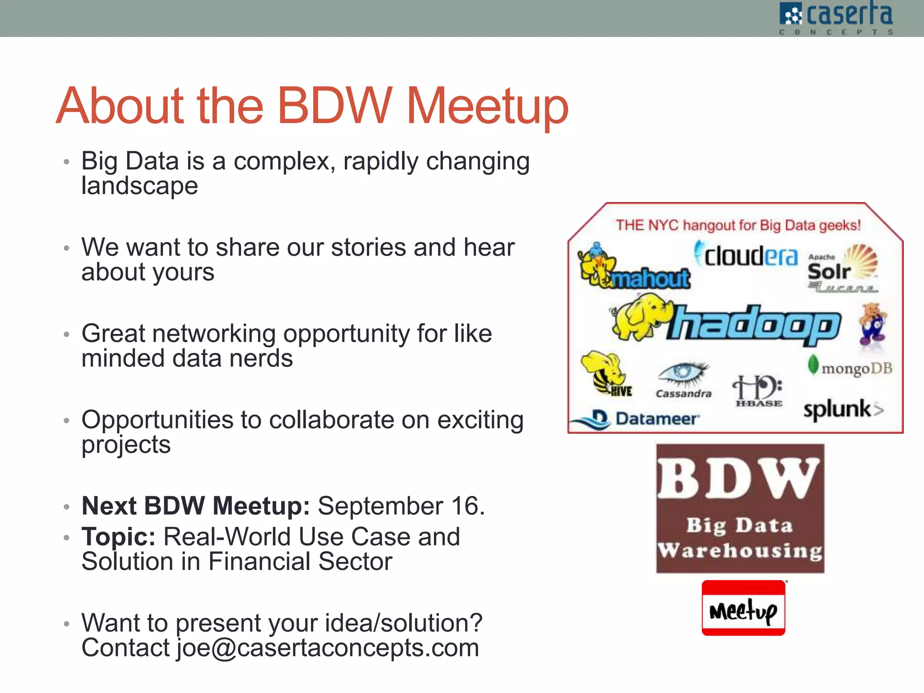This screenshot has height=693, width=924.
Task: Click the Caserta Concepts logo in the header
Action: [x=836, y=18]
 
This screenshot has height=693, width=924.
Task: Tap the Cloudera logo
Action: [x=746, y=255]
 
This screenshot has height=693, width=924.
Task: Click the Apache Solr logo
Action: [x=842, y=269]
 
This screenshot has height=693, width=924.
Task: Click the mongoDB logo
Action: [x=850, y=367]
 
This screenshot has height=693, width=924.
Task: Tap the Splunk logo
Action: [x=842, y=410]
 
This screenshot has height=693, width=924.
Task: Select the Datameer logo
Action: [x=636, y=419]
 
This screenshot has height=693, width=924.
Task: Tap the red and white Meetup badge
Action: [x=743, y=608]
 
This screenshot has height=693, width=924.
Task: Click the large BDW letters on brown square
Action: [x=739, y=479]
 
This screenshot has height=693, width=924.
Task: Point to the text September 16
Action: [x=401, y=506]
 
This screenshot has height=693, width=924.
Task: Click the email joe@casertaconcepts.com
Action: [x=328, y=648]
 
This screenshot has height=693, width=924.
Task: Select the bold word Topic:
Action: [x=118, y=537]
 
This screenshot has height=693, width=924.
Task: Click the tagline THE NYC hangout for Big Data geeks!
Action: [x=738, y=225]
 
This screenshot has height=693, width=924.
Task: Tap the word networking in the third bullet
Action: [x=214, y=334]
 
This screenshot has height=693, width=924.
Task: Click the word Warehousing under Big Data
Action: [x=740, y=551]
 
